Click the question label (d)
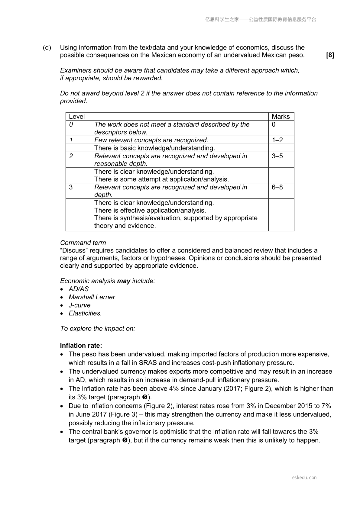coord(47,48)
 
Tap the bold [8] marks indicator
coord(330,55)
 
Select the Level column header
coord(77,117)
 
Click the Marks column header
coord(281,117)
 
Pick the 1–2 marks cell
coord(277,140)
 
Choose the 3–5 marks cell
coord(277,156)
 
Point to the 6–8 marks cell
coord(277,187)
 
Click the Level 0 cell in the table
coord(71,124)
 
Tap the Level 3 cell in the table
coord(71,187)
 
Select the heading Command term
coord(83,243)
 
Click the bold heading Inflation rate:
coord(81,346)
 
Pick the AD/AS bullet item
coord(79,289)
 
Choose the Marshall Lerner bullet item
coord(92,297)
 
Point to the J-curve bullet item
coord(79,305)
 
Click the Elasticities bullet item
coord(85,314)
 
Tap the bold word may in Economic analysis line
coord(124,281)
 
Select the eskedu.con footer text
coord(304,478)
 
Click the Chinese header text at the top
coord(261,20)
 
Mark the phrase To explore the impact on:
coord(98,329)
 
